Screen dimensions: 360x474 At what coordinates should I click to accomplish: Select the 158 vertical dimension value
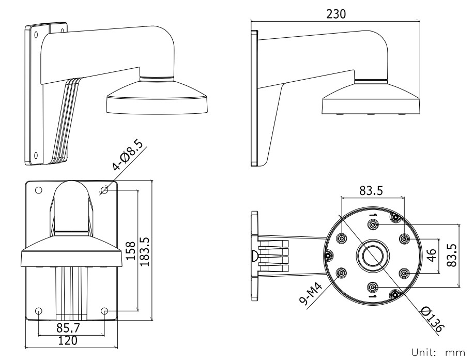coord(132,252)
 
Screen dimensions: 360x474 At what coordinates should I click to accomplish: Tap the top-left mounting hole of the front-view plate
coord(38,190)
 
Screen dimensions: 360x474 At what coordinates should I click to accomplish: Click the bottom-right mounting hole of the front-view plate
coord(104,311)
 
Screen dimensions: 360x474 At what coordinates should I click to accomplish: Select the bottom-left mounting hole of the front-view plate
coord(38,311)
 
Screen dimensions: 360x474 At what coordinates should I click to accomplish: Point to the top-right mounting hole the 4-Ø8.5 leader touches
coord(104,191)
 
